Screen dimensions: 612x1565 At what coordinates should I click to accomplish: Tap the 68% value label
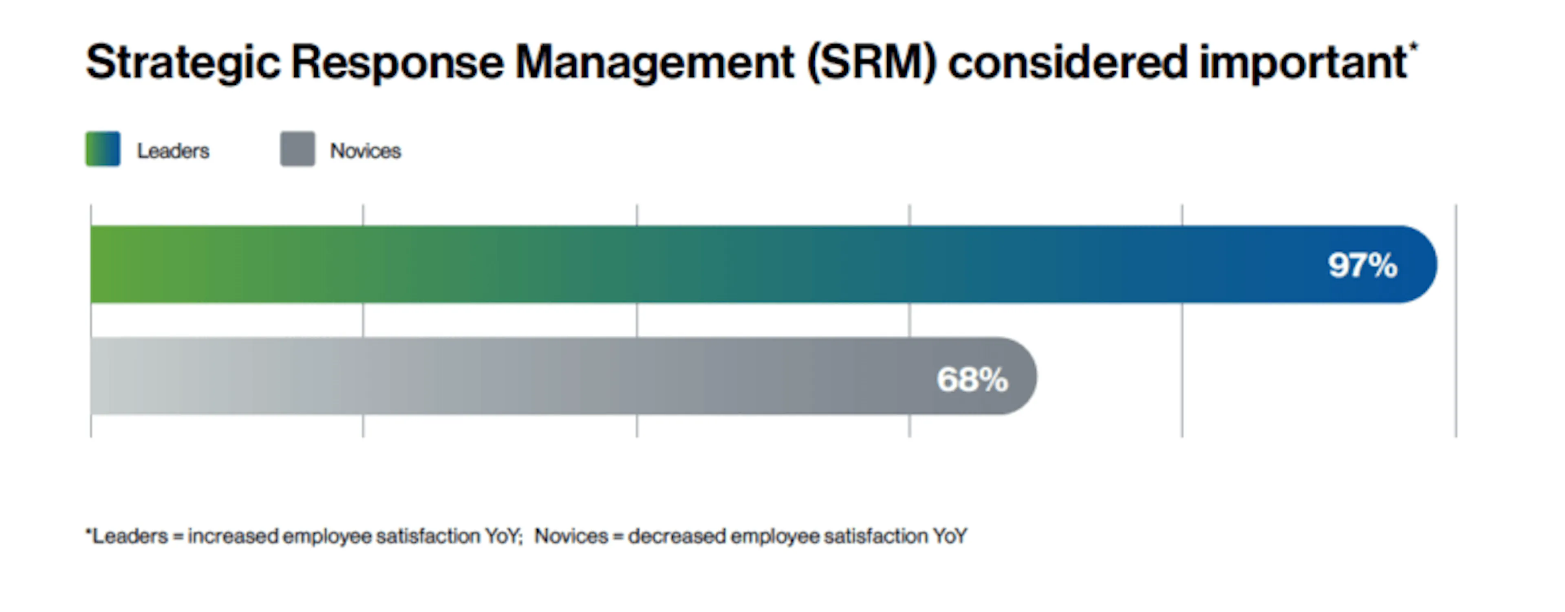[x=972, y=379]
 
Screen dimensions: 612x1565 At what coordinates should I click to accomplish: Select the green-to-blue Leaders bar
[x=668, y=264]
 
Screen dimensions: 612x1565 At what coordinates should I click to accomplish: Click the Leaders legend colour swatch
[x=103, y=149]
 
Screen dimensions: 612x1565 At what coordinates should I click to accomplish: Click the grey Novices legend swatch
[x=298, y=149]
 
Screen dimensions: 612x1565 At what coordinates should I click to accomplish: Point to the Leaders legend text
[x=173, y=151]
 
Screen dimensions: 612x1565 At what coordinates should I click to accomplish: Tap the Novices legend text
[x=365, y=151]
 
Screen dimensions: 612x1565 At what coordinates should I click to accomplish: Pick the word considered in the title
[x=1067, y=62]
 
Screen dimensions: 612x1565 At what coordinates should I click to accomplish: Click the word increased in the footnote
[x=233, y=536]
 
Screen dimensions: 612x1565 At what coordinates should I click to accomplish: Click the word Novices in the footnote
[x=571, y=536]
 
